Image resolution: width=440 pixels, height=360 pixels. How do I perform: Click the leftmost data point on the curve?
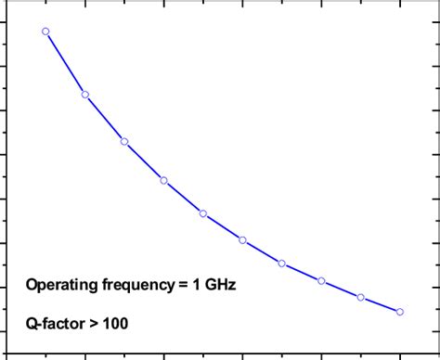click(45, 32)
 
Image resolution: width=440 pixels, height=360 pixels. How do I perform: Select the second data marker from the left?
click(85, 95)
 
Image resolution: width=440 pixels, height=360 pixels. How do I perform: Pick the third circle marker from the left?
click(124, 142)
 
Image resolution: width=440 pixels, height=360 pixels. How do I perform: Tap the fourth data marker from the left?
click(163, 180)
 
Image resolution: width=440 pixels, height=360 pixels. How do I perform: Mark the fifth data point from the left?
click(203, 213)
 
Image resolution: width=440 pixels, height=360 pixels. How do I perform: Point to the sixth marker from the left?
click(242, 240)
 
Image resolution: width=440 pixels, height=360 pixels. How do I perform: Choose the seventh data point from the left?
click(281, 264)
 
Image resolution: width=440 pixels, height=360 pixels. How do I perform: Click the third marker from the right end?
click(321, 280)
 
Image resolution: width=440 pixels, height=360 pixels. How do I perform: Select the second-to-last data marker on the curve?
click(360, 297)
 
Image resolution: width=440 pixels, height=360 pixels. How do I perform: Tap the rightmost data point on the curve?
click(400, 312)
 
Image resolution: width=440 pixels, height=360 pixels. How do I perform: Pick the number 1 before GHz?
click(195, 285)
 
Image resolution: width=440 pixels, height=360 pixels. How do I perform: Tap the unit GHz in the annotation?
click(219, 285)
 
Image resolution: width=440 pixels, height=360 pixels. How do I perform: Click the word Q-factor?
click(57, 325)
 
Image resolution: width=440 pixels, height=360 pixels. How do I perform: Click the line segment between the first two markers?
click(65, 63)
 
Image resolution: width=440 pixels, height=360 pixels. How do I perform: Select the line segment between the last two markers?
click(381, 304)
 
